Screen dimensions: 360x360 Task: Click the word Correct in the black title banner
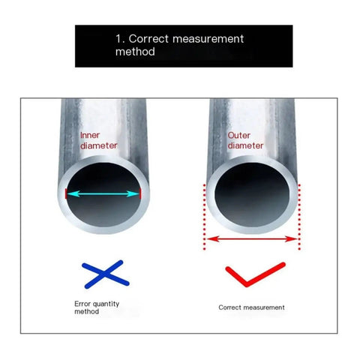tap(148, 39)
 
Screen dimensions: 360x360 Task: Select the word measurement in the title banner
tap(208, 39)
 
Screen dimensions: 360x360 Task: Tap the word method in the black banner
tap(135, 52)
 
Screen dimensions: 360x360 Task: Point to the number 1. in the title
tap(120, 39)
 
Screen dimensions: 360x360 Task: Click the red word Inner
tap(90, 135)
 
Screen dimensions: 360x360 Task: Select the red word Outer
tap(238, 136)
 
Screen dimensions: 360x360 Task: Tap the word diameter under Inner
tap(99, 145)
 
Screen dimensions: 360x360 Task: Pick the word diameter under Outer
tap(245, 145)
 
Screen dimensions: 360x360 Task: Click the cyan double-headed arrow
tap(103, 193)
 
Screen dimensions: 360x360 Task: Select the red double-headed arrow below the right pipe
tap(252, 239)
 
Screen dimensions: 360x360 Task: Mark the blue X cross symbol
tap(106, 274)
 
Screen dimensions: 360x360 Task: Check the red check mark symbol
tap(255, 274)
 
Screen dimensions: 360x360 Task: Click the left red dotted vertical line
tap(205, 217)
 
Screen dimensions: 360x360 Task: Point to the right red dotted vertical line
tap(299, 217)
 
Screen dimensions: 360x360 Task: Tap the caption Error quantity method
tap(97, 307)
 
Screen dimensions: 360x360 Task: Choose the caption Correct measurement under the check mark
tap(251, 307)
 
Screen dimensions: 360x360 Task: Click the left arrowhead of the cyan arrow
tap(73, 193)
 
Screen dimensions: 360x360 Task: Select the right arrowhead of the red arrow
tap(291, 239)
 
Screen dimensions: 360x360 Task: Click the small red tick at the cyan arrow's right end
tap(140, 193)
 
